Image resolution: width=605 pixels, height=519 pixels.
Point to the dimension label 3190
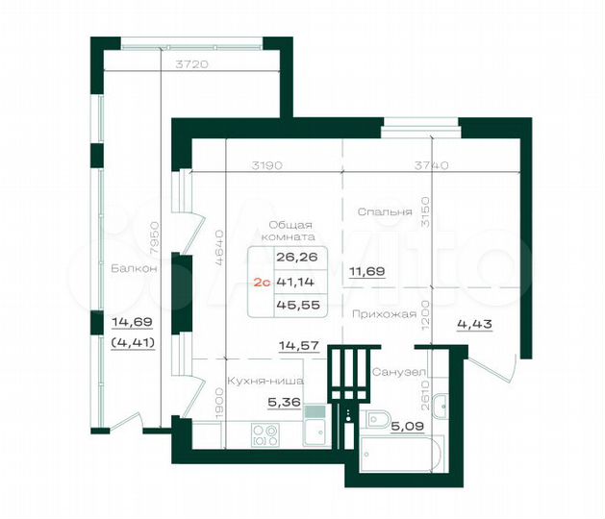tap(266, 165)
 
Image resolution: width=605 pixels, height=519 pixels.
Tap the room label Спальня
tap(384, 211)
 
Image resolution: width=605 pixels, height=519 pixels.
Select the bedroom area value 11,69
tap(366, 272)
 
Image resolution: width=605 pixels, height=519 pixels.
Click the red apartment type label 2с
tap(259, 283)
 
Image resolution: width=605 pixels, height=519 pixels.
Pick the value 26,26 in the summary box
tap(294, 257)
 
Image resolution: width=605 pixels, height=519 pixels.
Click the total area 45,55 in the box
tap(294, 308)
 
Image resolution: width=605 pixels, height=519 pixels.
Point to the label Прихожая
tap(383, 313)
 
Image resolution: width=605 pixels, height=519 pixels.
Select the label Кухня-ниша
tap(259, 380)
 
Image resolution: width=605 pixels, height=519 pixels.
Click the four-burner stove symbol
tap(265, 435)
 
